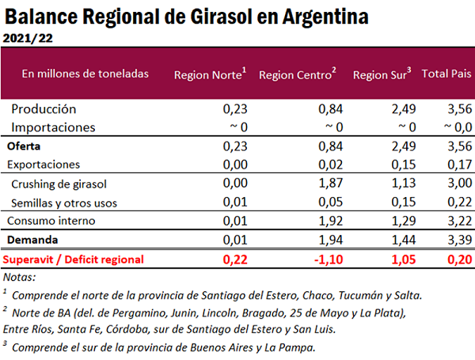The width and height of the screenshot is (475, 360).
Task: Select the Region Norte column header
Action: [209, 74]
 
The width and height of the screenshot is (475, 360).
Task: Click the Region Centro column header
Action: [298, 74]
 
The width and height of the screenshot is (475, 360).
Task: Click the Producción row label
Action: [44, 109]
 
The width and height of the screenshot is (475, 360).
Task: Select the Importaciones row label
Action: [53, 127]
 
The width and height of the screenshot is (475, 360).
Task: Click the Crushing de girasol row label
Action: [59, 184]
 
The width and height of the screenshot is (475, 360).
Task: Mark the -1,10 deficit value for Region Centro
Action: [326, 259]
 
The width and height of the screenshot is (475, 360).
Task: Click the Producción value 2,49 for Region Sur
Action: [404, 109]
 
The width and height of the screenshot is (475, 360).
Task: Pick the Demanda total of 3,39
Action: [458, 239]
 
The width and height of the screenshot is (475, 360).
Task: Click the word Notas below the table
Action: [20, 277]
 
